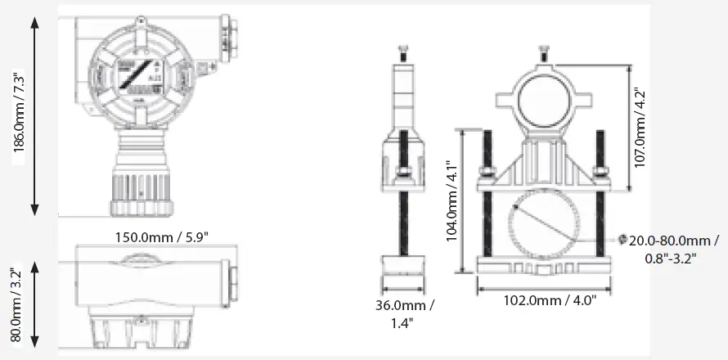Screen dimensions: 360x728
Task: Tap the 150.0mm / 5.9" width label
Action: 161,237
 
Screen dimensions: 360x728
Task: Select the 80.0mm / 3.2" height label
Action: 16,304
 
